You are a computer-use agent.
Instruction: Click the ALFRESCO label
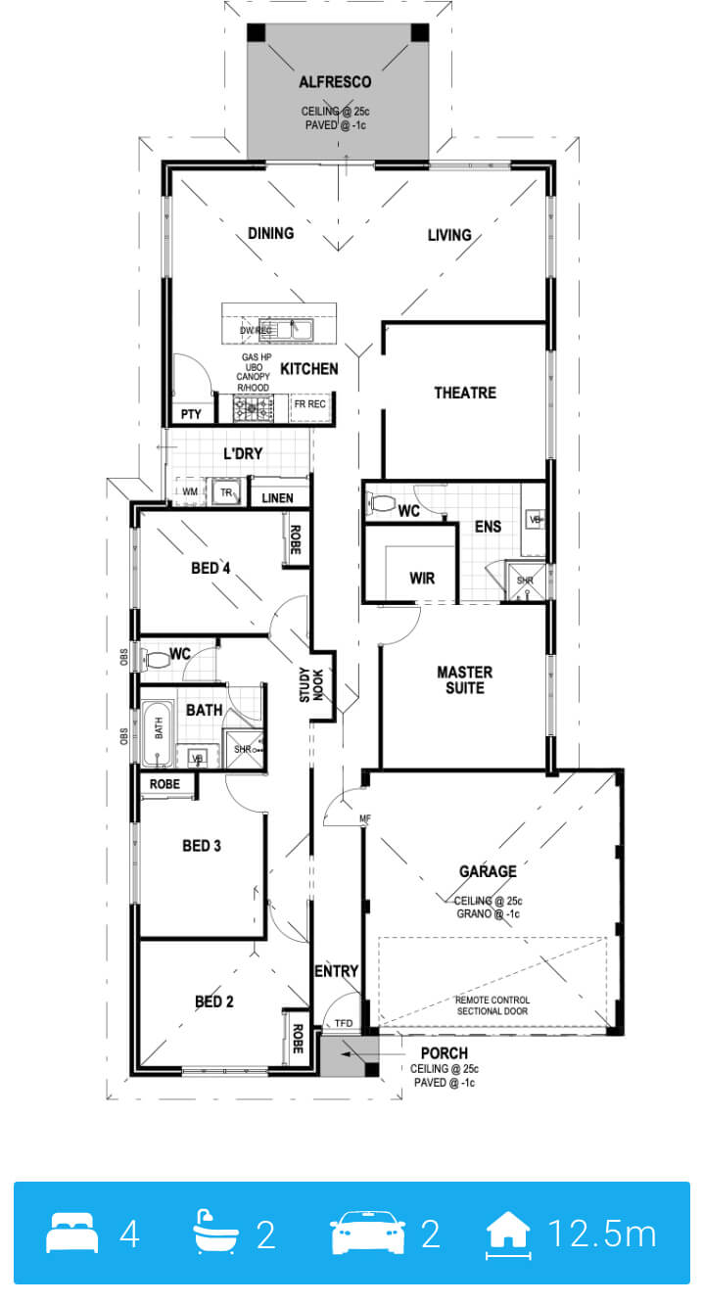coord(335,82)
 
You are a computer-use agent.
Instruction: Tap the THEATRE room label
coord(465,393)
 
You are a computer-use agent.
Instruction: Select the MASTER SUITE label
coord(465,680)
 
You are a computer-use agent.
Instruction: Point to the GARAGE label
coord(488,871)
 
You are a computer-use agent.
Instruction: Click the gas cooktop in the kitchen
coord(254,407)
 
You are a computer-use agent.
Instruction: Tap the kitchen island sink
coord(294,329)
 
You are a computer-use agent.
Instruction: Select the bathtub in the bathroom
coord(158,734)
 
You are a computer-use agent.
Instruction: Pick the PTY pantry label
coord(191,414)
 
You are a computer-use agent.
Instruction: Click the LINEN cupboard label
coord(277,498)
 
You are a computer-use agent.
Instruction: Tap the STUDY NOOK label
coord(311,684)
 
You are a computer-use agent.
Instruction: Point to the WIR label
coord(422,578)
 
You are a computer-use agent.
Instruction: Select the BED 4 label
coord(211,568)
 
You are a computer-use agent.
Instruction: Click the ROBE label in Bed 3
coord(164,784)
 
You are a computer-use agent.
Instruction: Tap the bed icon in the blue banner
coord(72,1233)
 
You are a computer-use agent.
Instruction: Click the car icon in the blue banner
coord(367,1232)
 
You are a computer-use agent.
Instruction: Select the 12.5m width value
coord(601,1233)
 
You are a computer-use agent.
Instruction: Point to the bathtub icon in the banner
coord(215,1232)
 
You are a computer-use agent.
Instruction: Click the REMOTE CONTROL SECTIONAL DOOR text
coord(492,1005)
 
